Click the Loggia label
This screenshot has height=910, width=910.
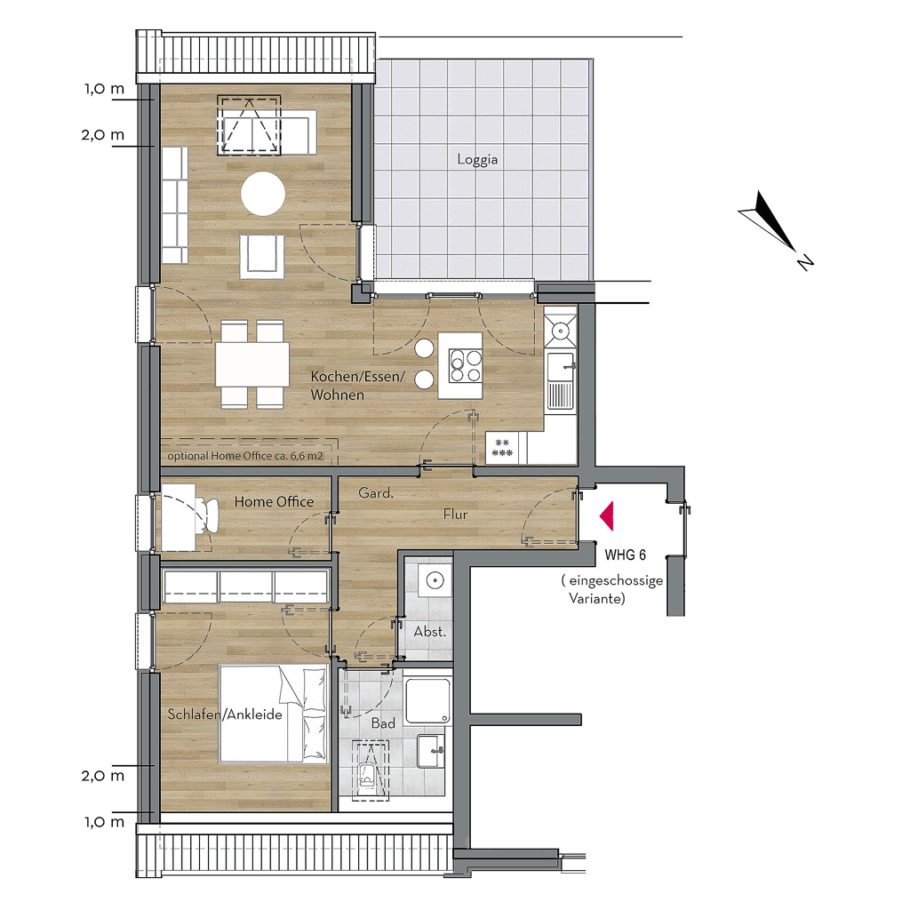coord(477,160)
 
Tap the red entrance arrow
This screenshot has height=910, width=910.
coord(607,516)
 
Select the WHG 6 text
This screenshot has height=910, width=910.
coord(625,555)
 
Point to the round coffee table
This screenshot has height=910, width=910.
coord(263,193)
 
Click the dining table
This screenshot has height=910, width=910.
coord(252,364)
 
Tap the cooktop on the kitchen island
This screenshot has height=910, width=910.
coord(466,365)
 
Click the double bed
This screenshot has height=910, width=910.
coord(274,714)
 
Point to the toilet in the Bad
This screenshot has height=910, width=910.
coord(367,773)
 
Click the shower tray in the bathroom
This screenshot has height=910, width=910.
coord(427,702)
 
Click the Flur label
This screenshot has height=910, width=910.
coord(455,515)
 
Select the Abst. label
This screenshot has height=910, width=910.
coord(429,632)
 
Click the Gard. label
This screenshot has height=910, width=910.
coord(376,493)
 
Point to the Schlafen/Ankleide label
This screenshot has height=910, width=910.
coord(225,714)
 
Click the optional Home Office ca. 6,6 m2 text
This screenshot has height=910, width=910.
coord(245,456)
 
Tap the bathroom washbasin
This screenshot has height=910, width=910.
coord(431,751)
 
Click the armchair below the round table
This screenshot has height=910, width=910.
coord(262,256)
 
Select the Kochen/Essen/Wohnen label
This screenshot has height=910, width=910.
coord(357,386)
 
